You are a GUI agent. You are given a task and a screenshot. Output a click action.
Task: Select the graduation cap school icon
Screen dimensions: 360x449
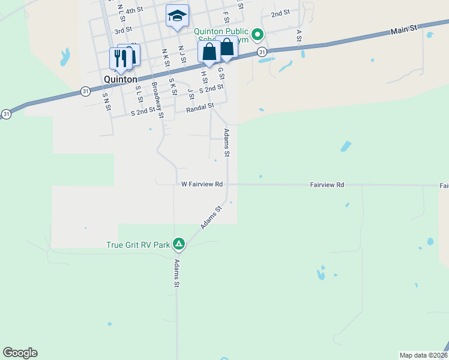[177, 16]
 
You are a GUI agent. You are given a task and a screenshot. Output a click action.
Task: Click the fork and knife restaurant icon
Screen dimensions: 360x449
[120, 58]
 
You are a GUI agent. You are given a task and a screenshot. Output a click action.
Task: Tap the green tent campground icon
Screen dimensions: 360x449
[178, 244]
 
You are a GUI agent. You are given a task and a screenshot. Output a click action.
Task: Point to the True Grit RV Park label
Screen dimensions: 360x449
[138, 245]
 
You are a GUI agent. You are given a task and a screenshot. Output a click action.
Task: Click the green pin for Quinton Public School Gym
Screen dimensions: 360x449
[258, 35]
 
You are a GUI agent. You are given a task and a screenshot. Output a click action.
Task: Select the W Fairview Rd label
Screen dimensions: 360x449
[202, 184]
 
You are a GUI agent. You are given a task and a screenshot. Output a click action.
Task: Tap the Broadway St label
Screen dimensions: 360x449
[157, 100]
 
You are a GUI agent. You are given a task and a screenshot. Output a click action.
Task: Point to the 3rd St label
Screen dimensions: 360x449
[122, 29]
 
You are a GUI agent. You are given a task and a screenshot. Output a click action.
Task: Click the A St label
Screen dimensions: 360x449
[298, 36]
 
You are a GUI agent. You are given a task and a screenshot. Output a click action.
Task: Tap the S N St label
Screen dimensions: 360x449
[106, 102]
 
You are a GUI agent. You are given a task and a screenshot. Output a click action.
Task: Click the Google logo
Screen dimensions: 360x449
[20, 353]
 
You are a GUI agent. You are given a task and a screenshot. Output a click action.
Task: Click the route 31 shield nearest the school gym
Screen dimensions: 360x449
[262, 53]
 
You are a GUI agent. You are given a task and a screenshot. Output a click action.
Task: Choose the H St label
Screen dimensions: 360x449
[204, 76]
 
